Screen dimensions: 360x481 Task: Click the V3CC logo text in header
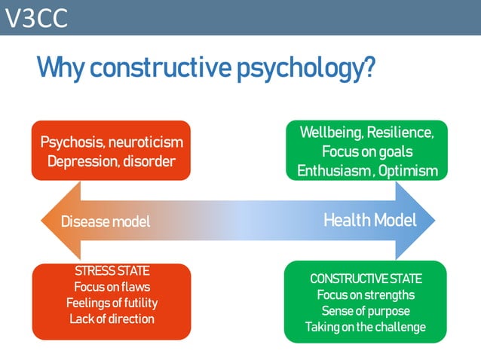(x=35, y=18)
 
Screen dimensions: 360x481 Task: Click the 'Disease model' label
(x=106, y=221)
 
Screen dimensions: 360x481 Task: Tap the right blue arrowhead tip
(x=436, y=221)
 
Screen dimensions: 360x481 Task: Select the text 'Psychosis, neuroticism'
(x=112, y=142)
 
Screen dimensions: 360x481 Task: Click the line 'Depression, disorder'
(x=112, y=161)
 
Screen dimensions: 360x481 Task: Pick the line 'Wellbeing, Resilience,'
(x=366, y=133)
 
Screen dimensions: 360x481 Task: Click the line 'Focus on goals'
(x=366, y=151)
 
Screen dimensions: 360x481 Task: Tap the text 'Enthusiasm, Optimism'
(x=366, y=171)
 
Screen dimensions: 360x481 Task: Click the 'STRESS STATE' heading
(x=112, y=271)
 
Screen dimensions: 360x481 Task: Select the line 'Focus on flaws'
(x=112, y=287)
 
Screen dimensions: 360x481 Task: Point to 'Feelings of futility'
(x=112, y=303)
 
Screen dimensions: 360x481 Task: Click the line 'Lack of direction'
(x=112, y=319)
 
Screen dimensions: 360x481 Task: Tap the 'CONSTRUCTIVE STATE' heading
(x=366, y=279)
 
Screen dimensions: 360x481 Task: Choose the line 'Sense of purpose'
(x=366, y=310)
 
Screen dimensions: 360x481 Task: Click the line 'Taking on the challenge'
(x=366, y=327)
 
